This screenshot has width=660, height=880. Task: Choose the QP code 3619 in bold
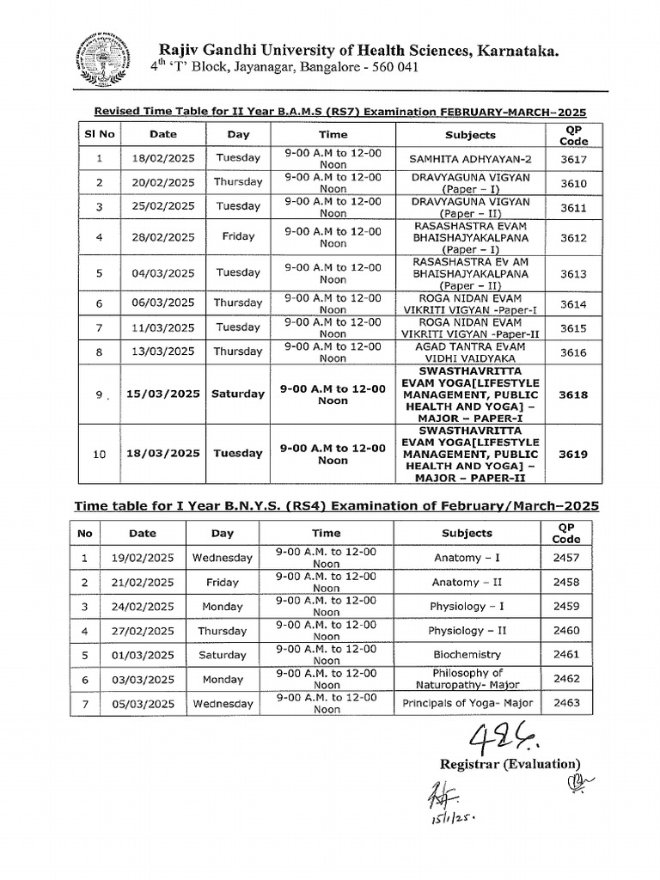pyautogui.click(x=572, y=454)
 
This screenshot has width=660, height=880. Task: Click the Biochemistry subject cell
pyautogui.click(x=467, y=654)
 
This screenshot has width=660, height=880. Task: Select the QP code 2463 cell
pyautogui.click(x=566, y=703)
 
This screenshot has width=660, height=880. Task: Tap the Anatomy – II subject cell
pyautogui.click(x=467, y=582)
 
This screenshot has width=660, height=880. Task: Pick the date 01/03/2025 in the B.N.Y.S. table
pyautogui.click(x=143, y=655)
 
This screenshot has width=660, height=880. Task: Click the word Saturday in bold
pyautogui.click(x=238, y=394)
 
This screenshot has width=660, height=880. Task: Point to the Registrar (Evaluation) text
pyautogui.click(x=510, y=764)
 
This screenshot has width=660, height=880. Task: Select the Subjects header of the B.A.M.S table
pyautogui.click(x=470, y=135)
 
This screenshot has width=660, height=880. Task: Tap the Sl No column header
pyautogui.click(x=100, y=135)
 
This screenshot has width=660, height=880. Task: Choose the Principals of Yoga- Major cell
pyautogui.click(x=467, y=703)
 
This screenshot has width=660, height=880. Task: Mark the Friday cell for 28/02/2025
pyautogui.click(x=238, y=237)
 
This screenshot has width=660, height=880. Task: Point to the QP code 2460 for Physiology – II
pyautogui.click(x=566, y=630)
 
